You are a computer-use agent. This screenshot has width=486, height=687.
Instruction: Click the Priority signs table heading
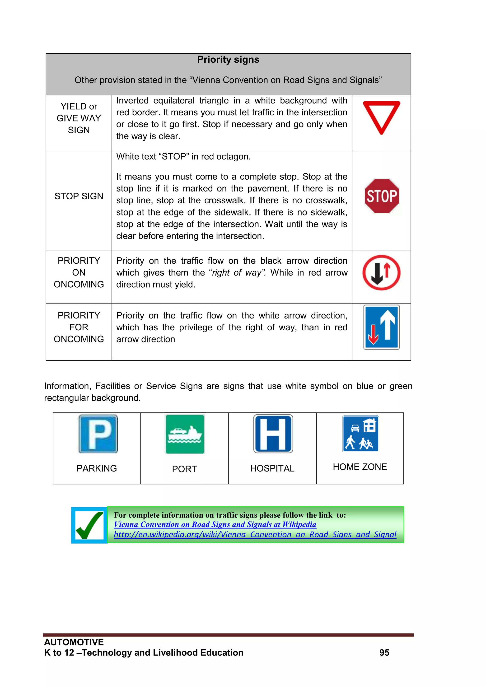point(228,60)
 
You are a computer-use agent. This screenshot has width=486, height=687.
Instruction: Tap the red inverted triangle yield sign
point(381,115)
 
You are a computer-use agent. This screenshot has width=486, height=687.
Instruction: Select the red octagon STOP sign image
point(382,196)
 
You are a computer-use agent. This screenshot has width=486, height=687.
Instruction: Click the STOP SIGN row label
point(79,196)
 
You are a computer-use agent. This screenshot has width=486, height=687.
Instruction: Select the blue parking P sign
point(98,434)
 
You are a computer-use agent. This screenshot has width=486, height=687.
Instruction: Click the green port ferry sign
point(185,434)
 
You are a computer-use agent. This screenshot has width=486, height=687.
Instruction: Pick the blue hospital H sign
point(273,434)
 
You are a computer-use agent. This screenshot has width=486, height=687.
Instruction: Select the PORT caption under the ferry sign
point(184,469)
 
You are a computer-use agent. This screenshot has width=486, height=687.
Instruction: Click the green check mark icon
point(89,525)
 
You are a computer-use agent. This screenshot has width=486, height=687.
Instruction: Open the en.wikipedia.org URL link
point(255,534)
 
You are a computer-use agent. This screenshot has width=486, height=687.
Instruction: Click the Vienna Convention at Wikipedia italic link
point(215,524)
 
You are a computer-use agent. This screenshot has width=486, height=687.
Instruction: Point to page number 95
point(384,653)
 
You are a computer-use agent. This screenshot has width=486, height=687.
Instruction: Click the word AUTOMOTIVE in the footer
point(74,642)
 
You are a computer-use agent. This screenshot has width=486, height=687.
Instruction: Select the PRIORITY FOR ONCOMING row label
point(79,327)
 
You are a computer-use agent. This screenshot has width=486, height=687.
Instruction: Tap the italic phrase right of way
point(237,273)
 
